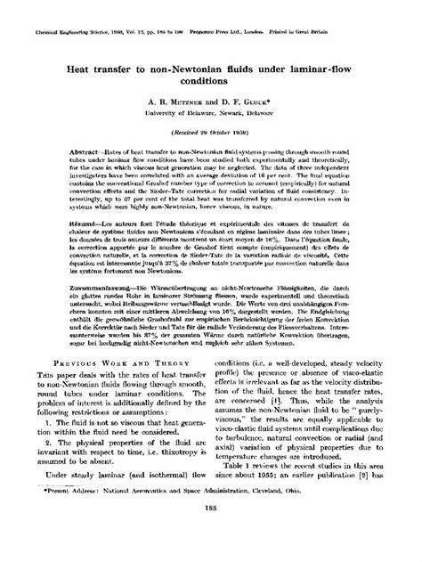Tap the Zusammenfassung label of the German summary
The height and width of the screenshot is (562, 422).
pyautogui.click(x=93, y=288)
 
